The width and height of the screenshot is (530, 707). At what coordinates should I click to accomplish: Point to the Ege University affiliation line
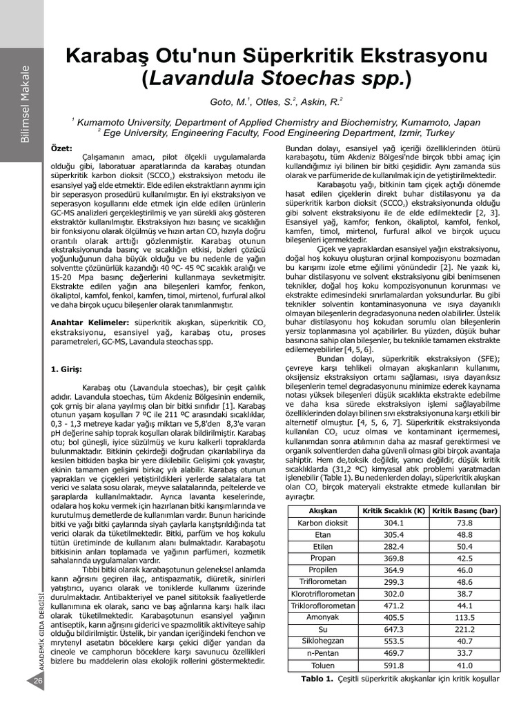pos(276,133)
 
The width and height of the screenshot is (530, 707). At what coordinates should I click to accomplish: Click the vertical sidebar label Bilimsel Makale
pos(25,104)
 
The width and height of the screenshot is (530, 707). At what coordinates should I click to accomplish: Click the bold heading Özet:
pos(62,148)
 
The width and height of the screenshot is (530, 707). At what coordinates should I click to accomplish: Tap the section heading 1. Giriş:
pos(67,369)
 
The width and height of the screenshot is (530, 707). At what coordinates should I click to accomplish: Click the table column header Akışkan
pos(322,511)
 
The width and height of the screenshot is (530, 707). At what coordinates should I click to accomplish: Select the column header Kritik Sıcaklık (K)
pos(393,511)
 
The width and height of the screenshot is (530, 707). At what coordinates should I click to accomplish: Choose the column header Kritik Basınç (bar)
pos(464,511)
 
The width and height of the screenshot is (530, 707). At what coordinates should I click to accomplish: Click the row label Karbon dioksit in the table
pos(322,523)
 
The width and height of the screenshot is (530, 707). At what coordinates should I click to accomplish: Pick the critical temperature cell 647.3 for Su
pos(393,630)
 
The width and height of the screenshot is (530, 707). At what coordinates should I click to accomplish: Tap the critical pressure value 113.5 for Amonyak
pos(464,618)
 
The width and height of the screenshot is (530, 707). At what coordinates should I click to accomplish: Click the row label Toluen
pos(322,666)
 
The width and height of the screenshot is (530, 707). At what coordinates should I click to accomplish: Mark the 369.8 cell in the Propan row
pos(393,559)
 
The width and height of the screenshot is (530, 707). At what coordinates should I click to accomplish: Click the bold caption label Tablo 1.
pos(317,679)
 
